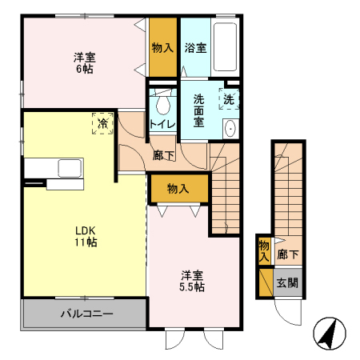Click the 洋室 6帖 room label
pos(85,63)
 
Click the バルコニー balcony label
pos(86,314)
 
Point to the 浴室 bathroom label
pos(195,47)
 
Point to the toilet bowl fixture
pos(163,104)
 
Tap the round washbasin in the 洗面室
pos(230,128)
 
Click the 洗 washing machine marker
pos(229,101)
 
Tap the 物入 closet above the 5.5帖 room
pos(178,189)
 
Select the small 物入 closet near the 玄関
pos(264,251)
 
